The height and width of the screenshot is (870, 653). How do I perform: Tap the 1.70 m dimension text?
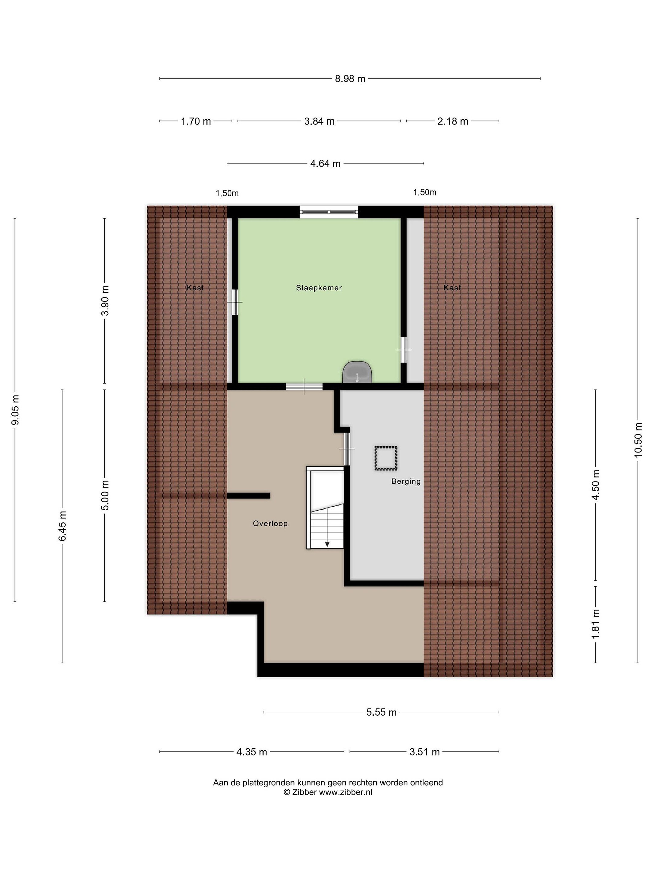[x=196, y=121]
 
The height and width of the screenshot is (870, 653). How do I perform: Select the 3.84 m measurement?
[x=319, y=121]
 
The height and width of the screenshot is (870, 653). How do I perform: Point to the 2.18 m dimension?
[x=453, y=121]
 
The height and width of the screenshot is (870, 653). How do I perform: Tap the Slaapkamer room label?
[x=319, y=288]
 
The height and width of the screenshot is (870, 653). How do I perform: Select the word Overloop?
[x=270, y=524]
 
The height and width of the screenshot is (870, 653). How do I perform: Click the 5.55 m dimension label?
[x=381, y=712]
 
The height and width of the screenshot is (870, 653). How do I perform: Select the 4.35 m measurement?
[x=252, y=752]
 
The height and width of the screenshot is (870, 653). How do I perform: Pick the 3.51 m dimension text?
[x=424, y=752]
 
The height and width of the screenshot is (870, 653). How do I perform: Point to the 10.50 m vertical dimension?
[x=638, y=440]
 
